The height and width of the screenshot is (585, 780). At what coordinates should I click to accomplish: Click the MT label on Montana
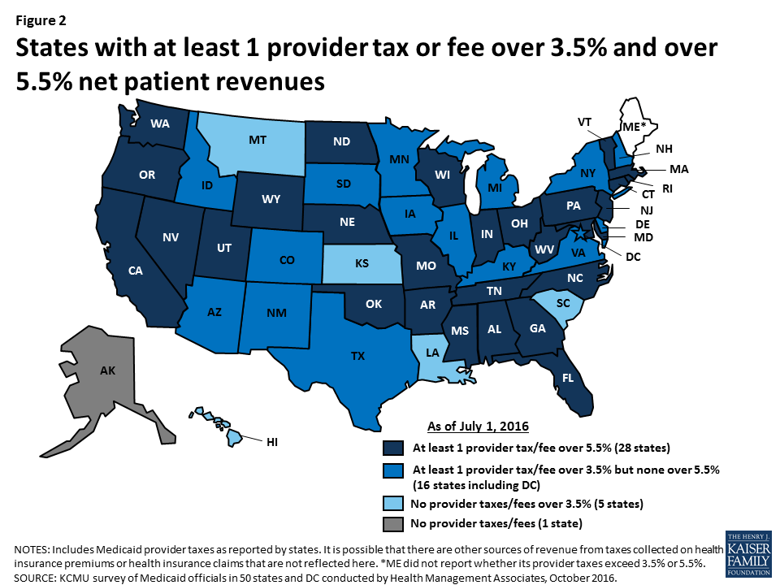click(258, 141)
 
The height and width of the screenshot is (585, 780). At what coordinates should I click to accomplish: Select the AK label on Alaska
click(107, 370)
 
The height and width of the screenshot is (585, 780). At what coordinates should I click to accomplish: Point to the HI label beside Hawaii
click(274, 442)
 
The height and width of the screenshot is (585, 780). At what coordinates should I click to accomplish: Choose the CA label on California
click(136, 270)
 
